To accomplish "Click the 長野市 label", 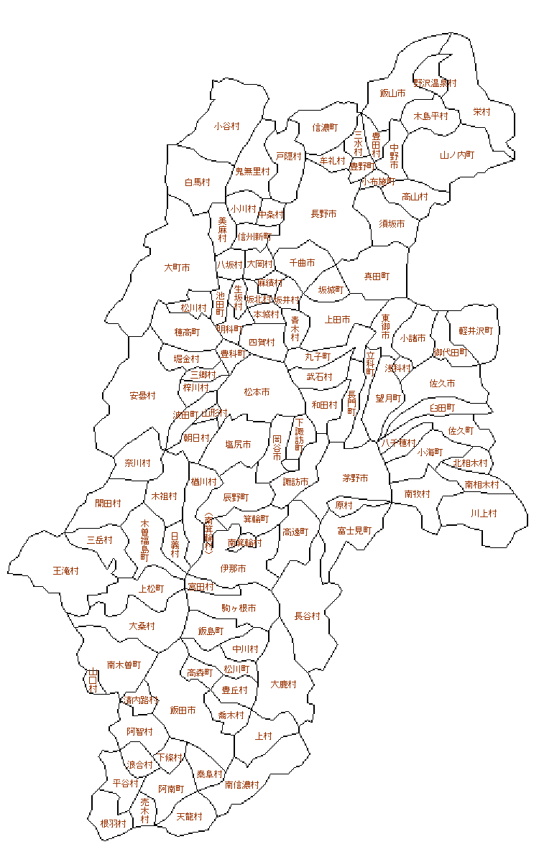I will pos(323,214).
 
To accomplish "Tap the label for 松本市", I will pos(257,392).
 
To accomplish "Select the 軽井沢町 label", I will pos(476,331).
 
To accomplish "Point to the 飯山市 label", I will pos(392,93).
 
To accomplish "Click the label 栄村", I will pos(482,112).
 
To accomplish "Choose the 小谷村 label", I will pos(226,126).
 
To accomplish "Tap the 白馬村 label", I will pos(197,182).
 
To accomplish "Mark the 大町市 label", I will pos(177,268).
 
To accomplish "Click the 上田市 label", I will pos(338,320).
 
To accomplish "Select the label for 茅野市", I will pos(355,478).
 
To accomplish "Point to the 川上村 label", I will pos(484,514).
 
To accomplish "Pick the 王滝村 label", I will pos(65,571).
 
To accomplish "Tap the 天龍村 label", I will pos(189,817).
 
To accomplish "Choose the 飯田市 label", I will pos(183,710).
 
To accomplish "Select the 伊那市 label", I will pos(233,569).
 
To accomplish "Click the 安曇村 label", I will pos(143,396).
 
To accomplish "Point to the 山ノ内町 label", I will pos(457,155).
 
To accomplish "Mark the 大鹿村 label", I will pos(283,685).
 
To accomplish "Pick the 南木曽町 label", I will pos(124,665).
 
